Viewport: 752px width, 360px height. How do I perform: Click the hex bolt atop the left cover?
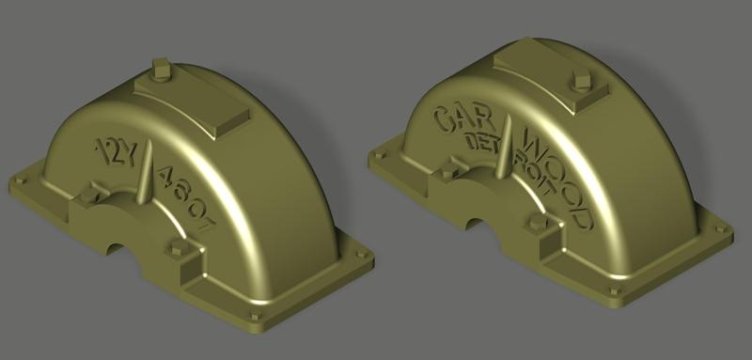click(x=159, y=70)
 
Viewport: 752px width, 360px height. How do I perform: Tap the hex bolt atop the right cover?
click(x=580, y=83)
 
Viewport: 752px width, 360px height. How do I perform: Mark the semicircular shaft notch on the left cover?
click(x=122, y=248)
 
